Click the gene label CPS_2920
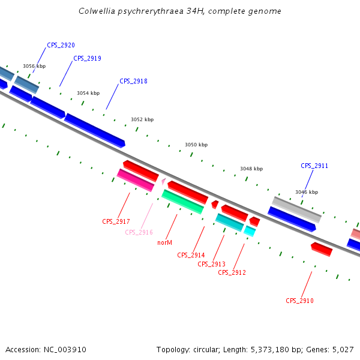[61, 45]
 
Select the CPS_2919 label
[87, 58]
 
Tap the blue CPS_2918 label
[133, 81]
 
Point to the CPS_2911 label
[314, 166]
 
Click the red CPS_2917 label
[116, 221]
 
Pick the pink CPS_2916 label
[139, 232]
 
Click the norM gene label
[164, 243]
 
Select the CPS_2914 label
[191, 255]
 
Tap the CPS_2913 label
[211, 264]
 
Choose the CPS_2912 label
[232, 272]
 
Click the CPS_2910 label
[299, 301]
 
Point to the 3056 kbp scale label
[34, 66]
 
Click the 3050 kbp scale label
[196, 145]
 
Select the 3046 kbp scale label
[306, 192]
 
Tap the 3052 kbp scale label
[142, 119]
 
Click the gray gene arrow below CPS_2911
[297, 209]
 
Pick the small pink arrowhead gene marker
[163, 179]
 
